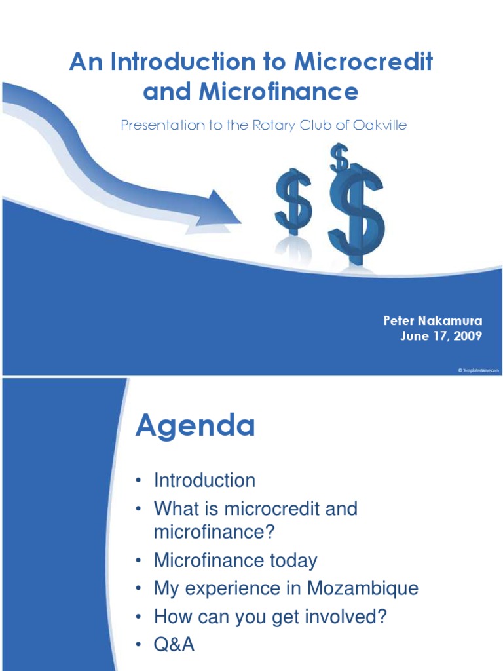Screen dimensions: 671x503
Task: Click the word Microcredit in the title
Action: (x=363, y=63)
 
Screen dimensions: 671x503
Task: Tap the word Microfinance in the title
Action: (x=278, y=92)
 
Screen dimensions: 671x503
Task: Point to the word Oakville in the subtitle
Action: (x=378, y=125)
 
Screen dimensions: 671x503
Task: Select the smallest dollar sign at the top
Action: (x=339, y=158)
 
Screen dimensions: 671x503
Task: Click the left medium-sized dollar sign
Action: (x=292, y=202)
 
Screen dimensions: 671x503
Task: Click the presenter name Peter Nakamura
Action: (x=432, y=321)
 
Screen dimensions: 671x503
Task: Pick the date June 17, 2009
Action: (x=441, y=336)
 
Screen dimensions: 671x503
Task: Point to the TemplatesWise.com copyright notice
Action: (x=478, y=370)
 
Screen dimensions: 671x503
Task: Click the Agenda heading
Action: (x=195, y=427)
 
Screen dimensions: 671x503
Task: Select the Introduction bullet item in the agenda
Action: (x=204, y=480)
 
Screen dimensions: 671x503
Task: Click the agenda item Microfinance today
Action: (x=235, y=560)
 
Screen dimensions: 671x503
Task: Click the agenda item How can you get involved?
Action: (x=270, y=617)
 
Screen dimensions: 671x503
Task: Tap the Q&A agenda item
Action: (x=174, y=645)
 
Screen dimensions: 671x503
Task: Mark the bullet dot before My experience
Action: (x=139, y=589)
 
